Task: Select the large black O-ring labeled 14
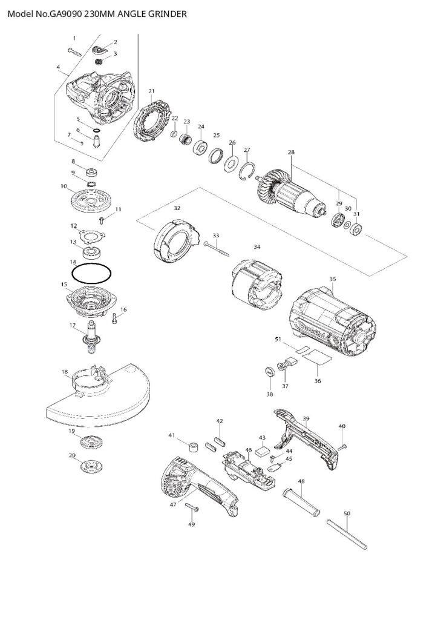click(91, 274)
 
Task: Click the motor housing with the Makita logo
click(332, 322)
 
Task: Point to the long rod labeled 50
click(347, 535)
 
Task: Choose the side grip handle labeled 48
click(301, 501)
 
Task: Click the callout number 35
click(332, 279)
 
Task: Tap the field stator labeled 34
click(257, 291)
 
